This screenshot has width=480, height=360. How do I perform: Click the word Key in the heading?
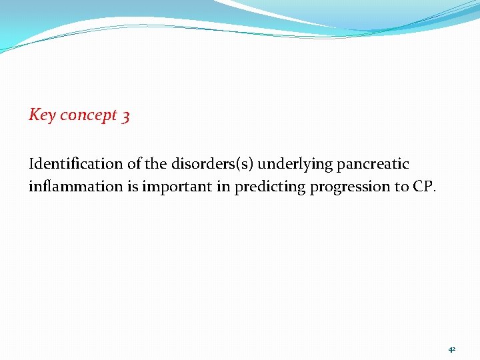(42, 115)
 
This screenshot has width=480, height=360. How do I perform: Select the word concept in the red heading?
(88, 116)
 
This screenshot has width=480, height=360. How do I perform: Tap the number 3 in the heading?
(126, 116)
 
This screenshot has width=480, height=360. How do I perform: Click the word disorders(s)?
(211, 164)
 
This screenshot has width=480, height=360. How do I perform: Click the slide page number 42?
(452, 349)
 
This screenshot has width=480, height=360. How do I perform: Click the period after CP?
(435, 191)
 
